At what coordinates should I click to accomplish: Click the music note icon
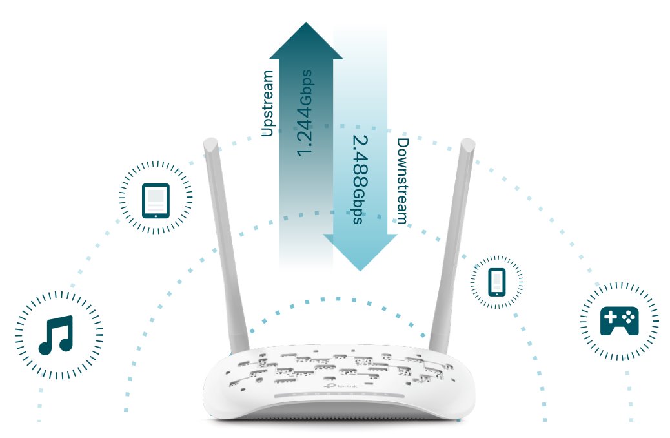[x=56, y=335]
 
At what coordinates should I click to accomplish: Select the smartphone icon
[x=496, y=282]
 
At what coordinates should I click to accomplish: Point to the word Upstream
[x=267, y=103]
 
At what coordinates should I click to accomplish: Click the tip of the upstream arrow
[x=306, y=25]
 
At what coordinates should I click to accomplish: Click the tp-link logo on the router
[x=338, y=386]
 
